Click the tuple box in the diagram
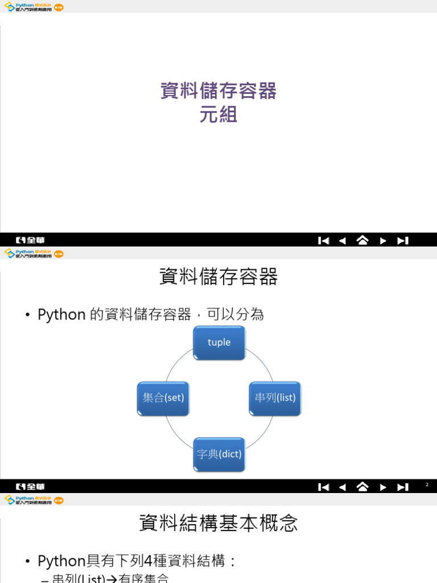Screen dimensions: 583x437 click(x=219, y=342)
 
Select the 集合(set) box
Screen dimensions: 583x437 click(x=163, y=398)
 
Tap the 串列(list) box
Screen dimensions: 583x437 click(x=275, y=398)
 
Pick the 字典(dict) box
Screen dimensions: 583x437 click(x=219, y=454)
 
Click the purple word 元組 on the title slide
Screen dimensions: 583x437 click(x=218, y=116)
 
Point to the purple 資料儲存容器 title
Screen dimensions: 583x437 click(x=218, y=91)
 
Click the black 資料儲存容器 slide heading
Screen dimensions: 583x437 click(x=218, y=277)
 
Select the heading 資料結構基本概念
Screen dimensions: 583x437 click(x=218, y=523)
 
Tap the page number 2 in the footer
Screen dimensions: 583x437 click(x=427, y=485)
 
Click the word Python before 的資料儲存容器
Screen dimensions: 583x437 click(x=61, y=314)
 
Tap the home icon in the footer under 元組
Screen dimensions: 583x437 click(x=362, y=240)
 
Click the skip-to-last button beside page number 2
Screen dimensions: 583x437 click(x=403, y=487)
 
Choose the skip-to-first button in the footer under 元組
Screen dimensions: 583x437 click(x=323, y=240)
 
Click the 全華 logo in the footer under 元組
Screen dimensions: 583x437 click(x=31, y=240)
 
